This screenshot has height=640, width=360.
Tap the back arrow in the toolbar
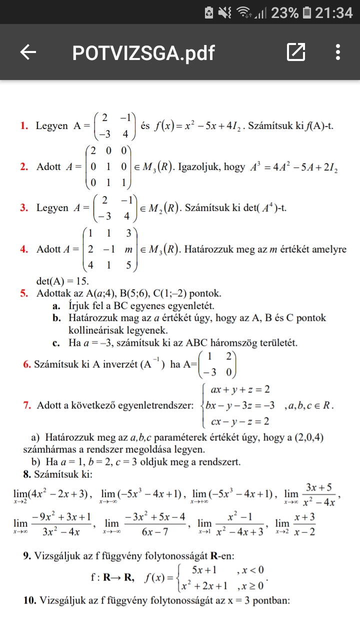coord(28,52)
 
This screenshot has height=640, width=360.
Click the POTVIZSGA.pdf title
coord(143,52)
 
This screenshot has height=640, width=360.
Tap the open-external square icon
coord(295,52)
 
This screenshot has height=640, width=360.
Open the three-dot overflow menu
coord(338,52)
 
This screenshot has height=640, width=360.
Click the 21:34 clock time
coord(333,12)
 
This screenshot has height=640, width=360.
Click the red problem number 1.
coord(23,126)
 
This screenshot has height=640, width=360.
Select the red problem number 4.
coord(23,249)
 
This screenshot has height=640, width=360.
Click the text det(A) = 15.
coord(63,281)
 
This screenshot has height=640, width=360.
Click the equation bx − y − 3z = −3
coord(240,405)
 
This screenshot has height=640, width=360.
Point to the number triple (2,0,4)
coord(305,437)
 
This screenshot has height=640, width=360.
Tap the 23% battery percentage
coord(284,12)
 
